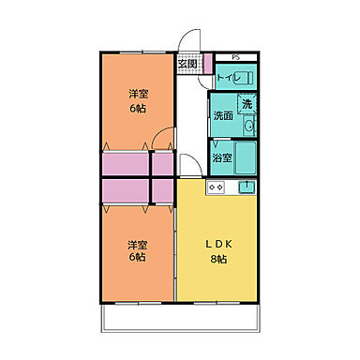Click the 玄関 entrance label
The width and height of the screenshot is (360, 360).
189,64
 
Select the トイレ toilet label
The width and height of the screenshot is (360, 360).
229,79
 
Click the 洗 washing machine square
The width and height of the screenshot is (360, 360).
247,104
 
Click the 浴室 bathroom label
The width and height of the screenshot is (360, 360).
221,157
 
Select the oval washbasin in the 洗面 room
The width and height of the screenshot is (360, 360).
249,123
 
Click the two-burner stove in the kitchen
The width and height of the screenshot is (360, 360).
216,187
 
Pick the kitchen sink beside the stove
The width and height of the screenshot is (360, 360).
247,187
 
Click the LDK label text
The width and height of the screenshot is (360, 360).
217,244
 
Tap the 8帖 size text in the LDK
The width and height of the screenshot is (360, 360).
217,259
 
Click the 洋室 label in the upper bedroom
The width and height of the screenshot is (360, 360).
137,94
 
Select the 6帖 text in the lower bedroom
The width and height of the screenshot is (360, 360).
137,257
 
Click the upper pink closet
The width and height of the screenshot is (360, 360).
137,164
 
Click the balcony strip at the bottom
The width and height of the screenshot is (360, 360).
179,321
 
